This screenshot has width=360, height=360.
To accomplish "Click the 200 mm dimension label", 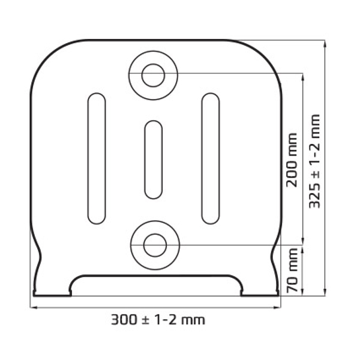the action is [292, 160].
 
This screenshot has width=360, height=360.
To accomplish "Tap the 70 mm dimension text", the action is [292, 270].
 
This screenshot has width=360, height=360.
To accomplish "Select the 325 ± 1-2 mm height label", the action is [314, 161].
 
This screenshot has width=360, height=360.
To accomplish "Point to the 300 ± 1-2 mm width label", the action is [158, 320].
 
